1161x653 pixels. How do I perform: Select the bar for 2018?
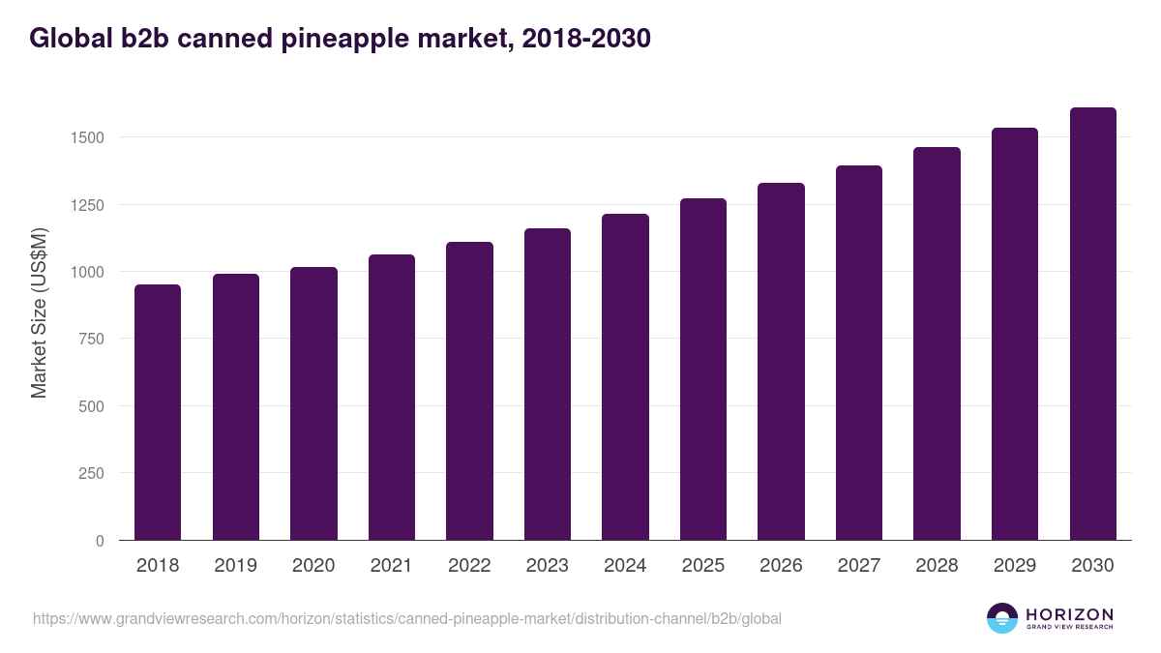pyautogui.click(x=158, y=412)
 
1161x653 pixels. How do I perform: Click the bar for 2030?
pyautogui.click(x=1092, y=324)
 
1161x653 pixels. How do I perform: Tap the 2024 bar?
pyautogui.click(x=625, y=377)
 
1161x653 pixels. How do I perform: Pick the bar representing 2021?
pyautogui.click(x=391, y=398)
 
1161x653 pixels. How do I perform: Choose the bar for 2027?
pyautogui.click(x=859, y=353)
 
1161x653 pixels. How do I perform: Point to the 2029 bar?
pyautogui.click(x=1015, y=334)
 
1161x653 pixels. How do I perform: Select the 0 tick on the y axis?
pyautogui.click(x=100, y=541)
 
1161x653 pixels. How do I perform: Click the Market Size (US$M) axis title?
pyautogui.click(x=39, y=312)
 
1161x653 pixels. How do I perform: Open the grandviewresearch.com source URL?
pyautogui.click(x=407, y=618)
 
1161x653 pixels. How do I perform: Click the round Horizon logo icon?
pyautogui.click(x=1002, y=618)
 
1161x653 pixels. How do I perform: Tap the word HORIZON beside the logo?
pyautogui.click(x=1069, y=613)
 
